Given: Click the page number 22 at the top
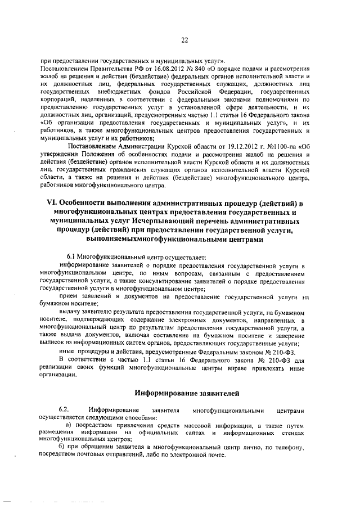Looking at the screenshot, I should (x=184, y=39).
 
